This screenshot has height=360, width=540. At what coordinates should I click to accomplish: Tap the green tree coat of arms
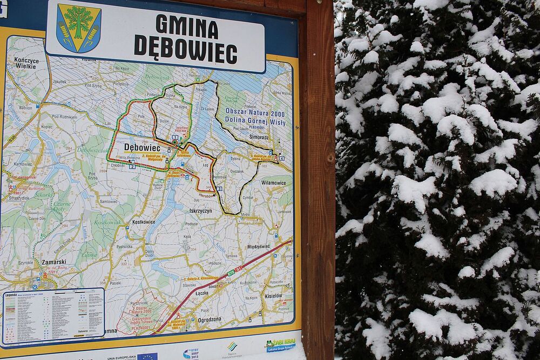pos(79,28)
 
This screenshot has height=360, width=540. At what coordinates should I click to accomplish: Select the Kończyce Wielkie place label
pos(26,63)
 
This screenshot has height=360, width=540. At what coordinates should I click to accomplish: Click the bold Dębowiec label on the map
pos(142,147)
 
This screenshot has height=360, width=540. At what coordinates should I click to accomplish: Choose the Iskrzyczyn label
pos(200,211)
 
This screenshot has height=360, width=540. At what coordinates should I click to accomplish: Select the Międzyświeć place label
pos(258,247)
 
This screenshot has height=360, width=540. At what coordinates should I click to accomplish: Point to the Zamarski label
pos(54,262)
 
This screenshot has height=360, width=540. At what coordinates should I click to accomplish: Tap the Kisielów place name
pos(273,296)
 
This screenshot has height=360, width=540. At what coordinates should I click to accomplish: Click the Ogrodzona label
pos(210,319)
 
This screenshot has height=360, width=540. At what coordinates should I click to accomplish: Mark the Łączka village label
pos(202,293)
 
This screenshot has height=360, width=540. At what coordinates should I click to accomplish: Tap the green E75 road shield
pos(231,273)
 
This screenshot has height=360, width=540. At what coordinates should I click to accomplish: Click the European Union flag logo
pos(147,356)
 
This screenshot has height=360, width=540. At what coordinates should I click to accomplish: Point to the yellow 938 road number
pos(11,140)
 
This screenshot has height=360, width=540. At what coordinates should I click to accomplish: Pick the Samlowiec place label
pos(109,201)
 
